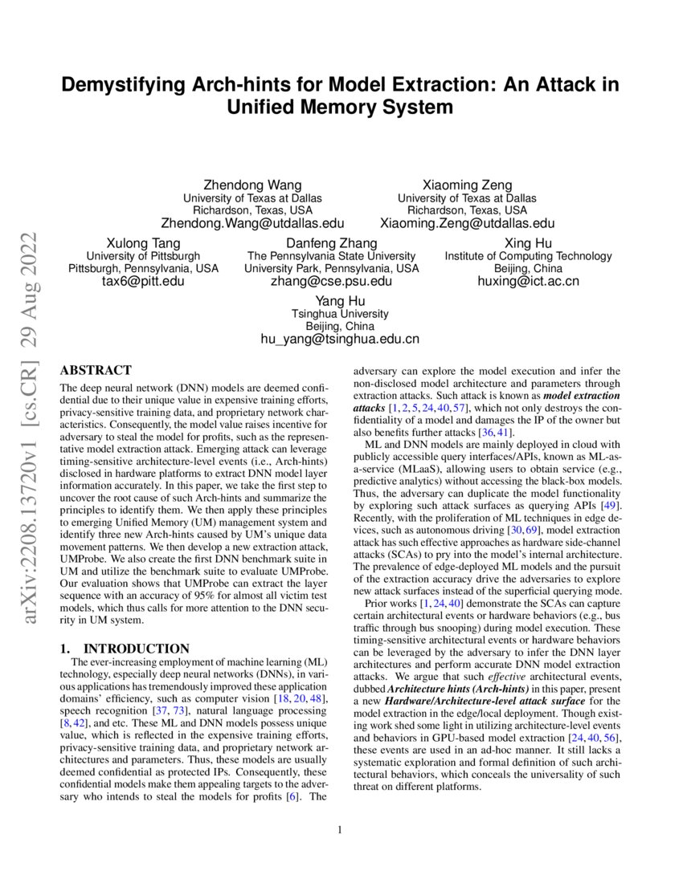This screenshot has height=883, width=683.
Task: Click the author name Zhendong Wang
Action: (252, 185)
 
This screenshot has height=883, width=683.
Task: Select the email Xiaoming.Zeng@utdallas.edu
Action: (467, 223)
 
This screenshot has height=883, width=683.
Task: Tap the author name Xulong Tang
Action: (143, 243)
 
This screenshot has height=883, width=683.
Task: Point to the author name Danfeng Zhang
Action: (331, 243)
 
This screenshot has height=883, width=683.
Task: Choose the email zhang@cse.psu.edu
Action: (331, 282)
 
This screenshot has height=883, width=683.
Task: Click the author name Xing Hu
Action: (528, 243)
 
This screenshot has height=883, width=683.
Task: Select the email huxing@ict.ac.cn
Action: (528, 282)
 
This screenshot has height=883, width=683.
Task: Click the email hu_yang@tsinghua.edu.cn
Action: (340, 340)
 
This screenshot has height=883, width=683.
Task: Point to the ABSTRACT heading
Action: (96, 371)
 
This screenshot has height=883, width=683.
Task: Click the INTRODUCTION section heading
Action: (125, 649)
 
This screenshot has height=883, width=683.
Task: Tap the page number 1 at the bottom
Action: (341, 829)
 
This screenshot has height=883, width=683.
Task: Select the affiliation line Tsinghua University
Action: (340, 314)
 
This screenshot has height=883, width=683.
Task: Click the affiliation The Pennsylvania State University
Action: (331, 256)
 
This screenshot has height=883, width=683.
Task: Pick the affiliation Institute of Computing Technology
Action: (528, 256)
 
